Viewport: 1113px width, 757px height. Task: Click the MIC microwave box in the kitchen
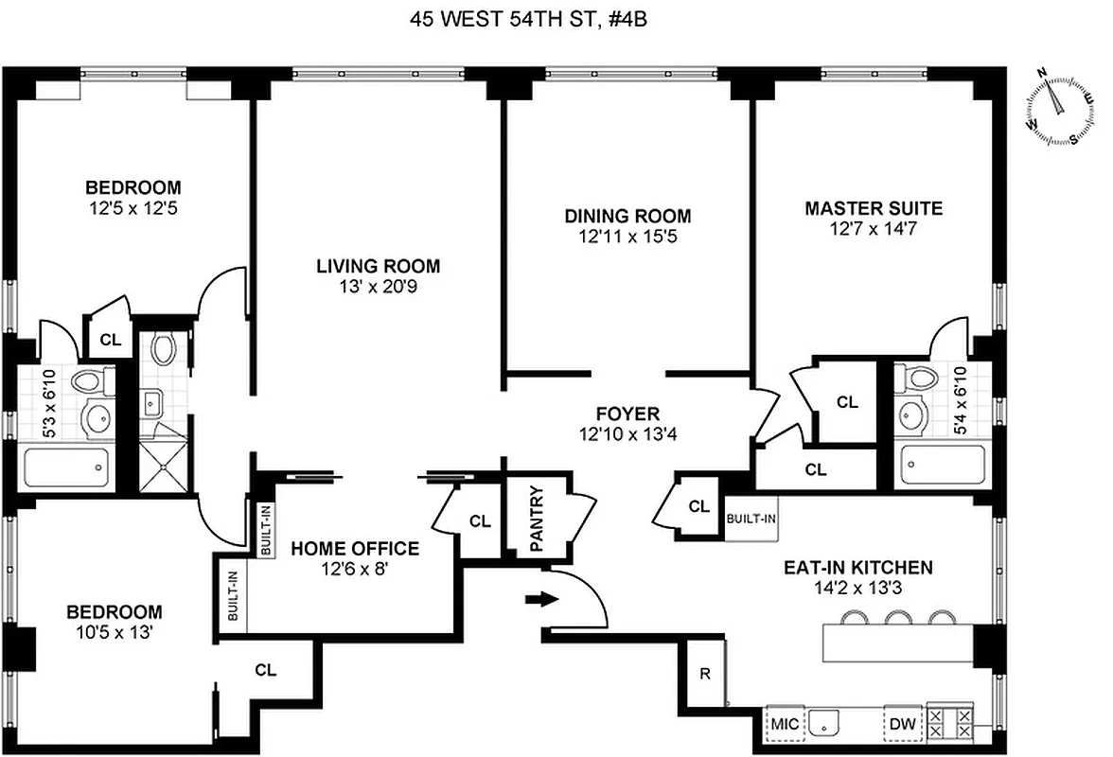[786, 724]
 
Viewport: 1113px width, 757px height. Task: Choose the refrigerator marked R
[705, 674]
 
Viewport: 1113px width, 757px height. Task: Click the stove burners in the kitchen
[949, 725]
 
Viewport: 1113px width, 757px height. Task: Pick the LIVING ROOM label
[378, 266]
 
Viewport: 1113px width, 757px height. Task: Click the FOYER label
[627, 414]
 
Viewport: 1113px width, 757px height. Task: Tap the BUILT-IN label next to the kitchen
[751, 519]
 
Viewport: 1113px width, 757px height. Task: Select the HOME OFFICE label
[355, 548]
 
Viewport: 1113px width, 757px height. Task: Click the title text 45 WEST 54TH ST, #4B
[556, 19]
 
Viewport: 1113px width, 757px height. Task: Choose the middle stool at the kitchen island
[895, 618]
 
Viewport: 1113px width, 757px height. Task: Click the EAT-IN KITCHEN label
[857, 568]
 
